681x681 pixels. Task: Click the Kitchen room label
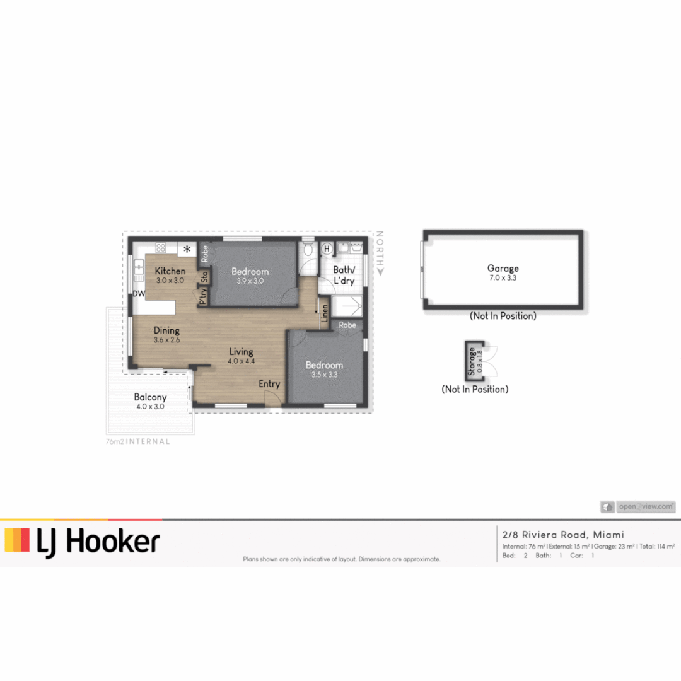170,271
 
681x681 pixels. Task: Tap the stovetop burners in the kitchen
161,248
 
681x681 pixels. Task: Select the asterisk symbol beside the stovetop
187,250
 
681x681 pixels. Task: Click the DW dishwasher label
139,294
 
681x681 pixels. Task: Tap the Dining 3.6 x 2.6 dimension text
166,340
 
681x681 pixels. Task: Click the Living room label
241,352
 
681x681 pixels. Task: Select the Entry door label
269,384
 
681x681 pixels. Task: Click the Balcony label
150,397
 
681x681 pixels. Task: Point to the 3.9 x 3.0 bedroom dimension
250,281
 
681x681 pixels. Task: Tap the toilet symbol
308,248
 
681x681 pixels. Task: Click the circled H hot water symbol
327,249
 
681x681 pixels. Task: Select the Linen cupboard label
325,313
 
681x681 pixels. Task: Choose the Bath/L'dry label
344,276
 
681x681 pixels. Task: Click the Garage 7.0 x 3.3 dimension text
503,277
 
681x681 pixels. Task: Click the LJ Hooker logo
82,542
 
